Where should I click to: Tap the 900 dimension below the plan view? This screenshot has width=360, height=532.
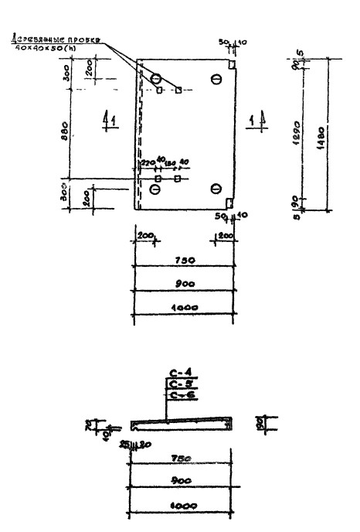point(183,284)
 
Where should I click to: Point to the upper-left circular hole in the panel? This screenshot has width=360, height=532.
point(156,79)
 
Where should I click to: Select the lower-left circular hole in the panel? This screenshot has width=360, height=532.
point(156,189)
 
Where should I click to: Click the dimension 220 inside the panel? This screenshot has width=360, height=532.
point(147,162)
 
